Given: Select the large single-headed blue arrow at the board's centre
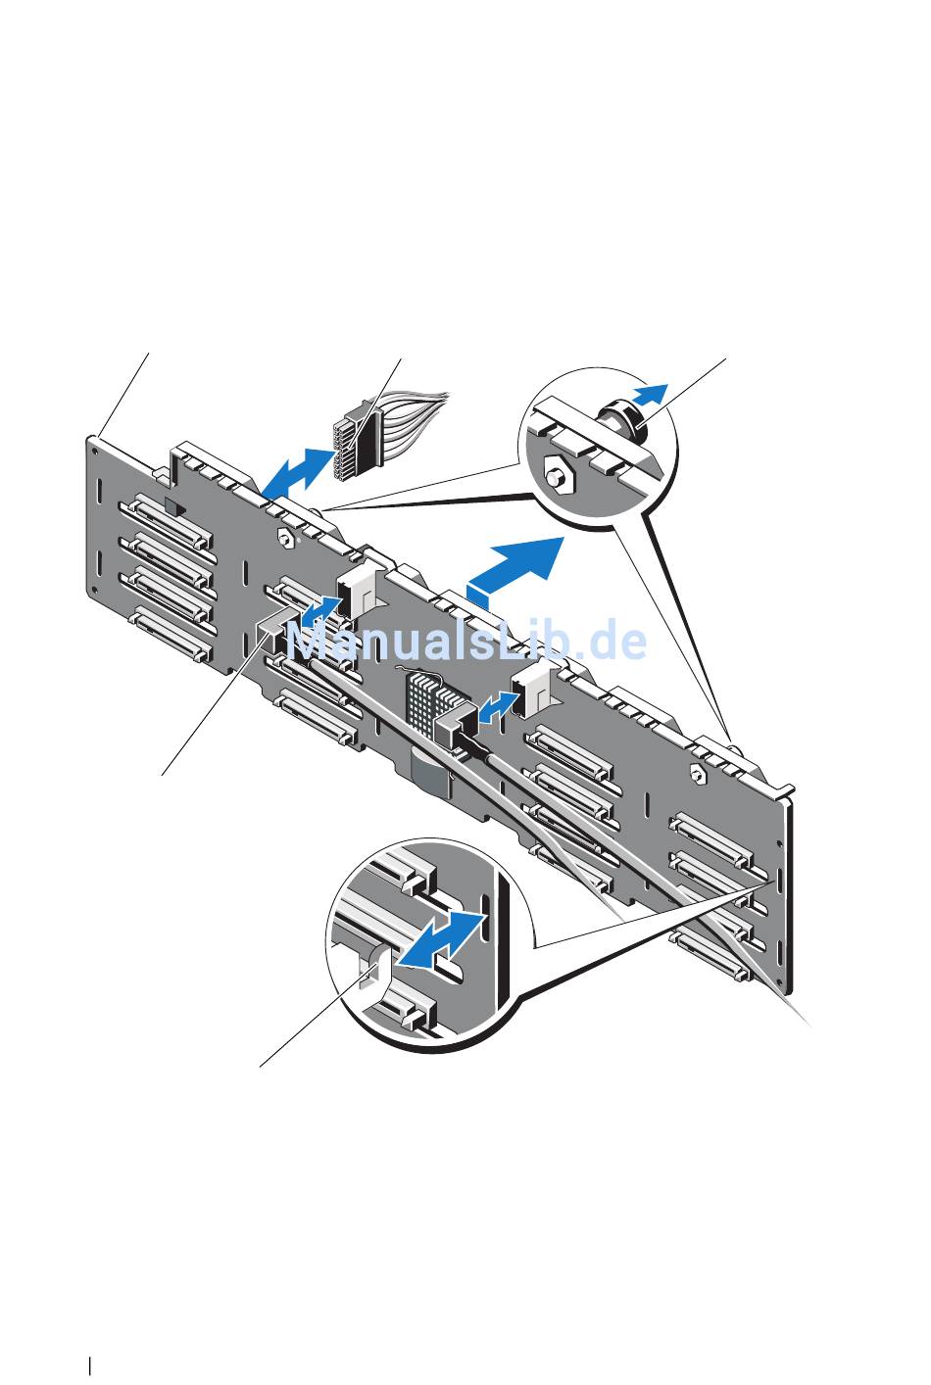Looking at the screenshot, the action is click(x=517, y=565).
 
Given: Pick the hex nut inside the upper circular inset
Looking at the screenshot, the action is click(x=558, y=474).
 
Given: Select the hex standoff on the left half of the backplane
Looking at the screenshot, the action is click(x=285, y=520).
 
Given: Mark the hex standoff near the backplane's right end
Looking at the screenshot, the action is click(x=697, y=774).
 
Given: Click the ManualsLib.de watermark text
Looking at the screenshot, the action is click(x=467, y=640).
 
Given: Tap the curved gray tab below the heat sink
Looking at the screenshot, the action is click(x=429, y=772).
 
